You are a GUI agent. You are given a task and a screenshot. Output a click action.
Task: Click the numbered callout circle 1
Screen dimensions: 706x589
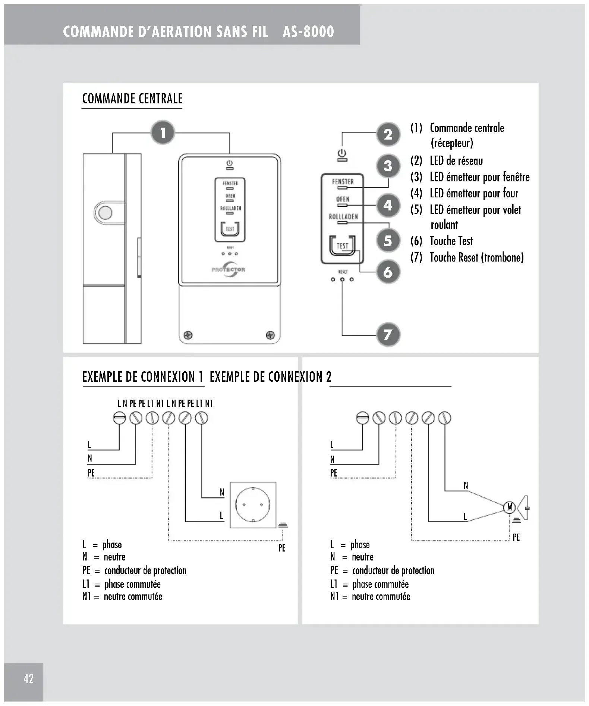point(163,132)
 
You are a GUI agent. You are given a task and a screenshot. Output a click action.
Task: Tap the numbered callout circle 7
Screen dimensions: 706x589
point(388,334)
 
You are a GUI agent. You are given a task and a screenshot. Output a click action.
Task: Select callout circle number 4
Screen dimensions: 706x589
point(388,205)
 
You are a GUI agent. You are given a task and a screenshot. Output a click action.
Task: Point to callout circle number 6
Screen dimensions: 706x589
point(388,272)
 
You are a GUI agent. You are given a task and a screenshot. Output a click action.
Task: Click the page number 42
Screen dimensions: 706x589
point(28,678)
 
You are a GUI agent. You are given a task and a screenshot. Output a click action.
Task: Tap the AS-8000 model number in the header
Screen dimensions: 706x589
point(308,32)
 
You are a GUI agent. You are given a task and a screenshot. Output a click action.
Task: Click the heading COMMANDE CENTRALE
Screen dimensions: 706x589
point(132,99)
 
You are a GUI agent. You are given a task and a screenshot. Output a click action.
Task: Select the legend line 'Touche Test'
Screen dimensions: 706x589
point(451,241)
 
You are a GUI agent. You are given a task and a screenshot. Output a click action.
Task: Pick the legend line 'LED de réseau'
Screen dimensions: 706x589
point(456,161)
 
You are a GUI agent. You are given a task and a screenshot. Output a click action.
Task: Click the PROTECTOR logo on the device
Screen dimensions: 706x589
point(229,269)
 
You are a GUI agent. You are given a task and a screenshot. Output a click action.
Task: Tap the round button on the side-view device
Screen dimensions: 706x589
point(105,213)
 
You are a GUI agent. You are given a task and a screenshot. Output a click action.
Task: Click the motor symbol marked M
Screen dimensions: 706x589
point(509,507)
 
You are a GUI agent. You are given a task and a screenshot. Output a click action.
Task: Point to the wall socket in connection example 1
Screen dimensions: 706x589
point(253,505)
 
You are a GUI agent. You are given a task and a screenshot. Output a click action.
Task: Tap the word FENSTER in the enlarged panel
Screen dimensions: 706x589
point(343,182)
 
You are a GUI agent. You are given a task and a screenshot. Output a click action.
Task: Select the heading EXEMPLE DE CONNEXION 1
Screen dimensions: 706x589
point(143,377)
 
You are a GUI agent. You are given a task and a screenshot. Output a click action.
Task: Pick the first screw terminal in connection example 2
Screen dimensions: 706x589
point(362,418)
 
